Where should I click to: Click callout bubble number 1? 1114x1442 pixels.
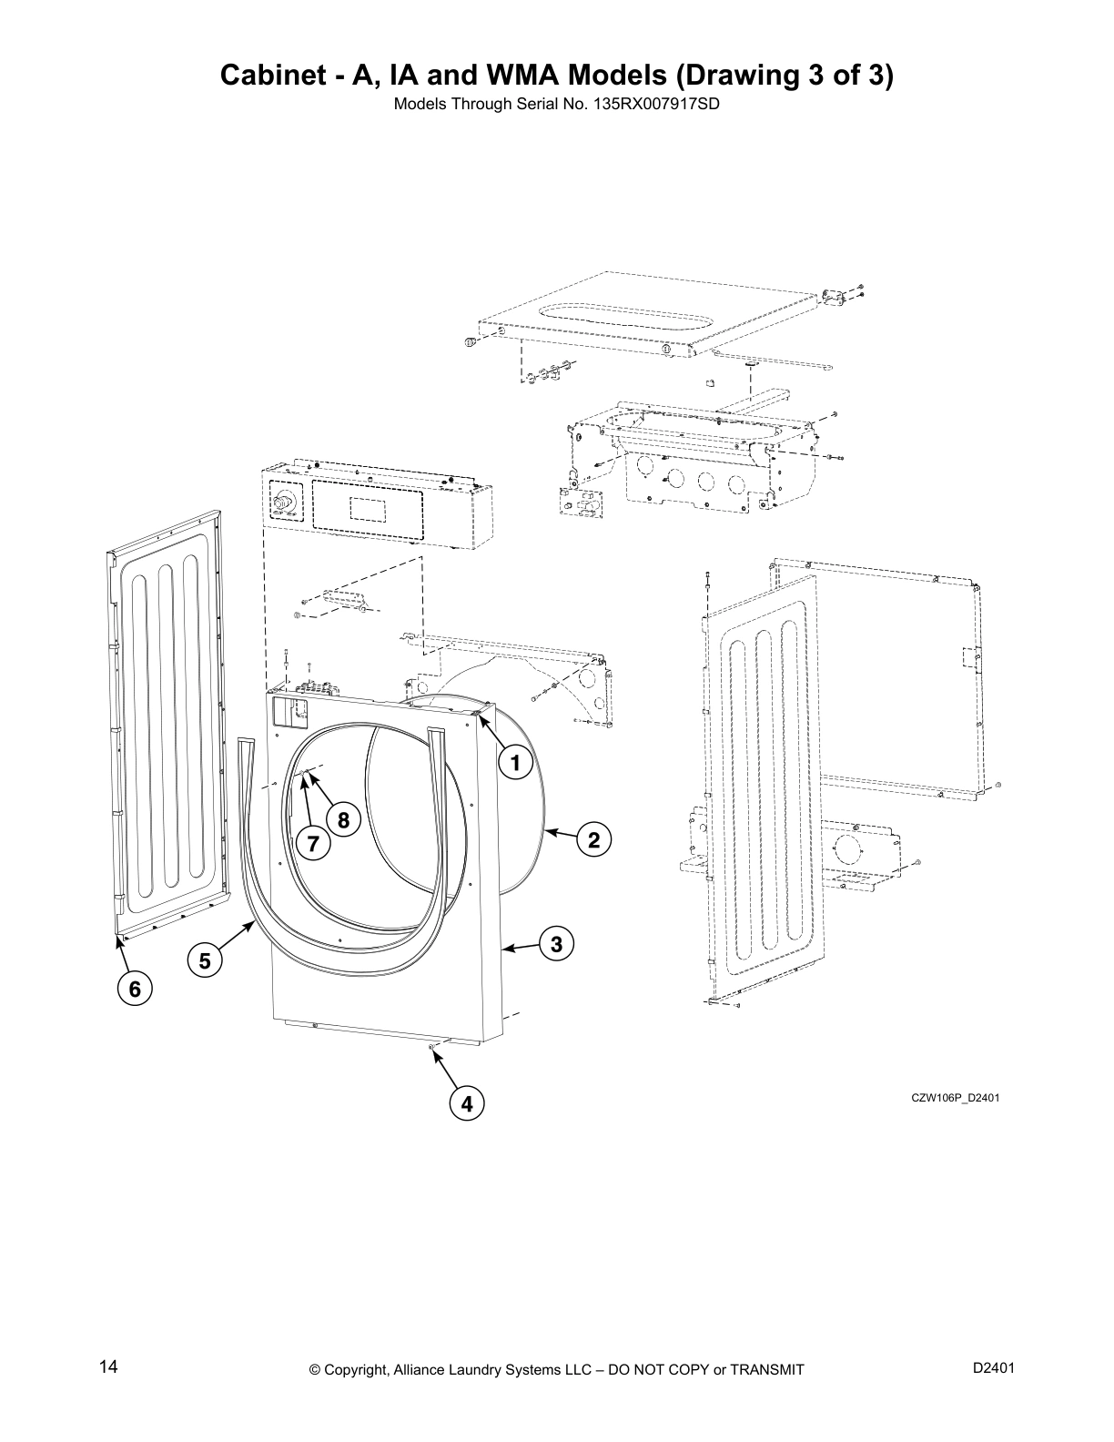(x=515, y=763)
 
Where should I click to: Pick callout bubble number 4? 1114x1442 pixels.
(x=466, y=1104)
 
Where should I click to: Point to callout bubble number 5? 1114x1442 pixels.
(x=204, y=960)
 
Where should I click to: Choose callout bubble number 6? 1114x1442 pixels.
(x=135, y=989)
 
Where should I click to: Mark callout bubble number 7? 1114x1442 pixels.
(x=313, y=844)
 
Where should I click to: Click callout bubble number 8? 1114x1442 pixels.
(x=343, y=820)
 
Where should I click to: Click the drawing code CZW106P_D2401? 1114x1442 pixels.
(x=956, y=1097)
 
